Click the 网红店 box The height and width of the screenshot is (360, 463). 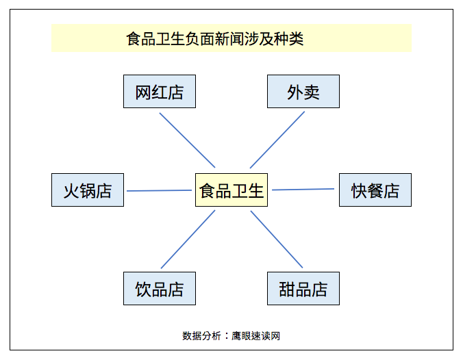[x=160, y=92]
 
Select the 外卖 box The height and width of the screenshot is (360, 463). [x=303, y=92]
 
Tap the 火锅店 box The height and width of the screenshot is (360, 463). [x=88, y=190]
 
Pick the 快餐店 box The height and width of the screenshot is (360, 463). [x=375, y=190]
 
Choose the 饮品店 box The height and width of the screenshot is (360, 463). [x=160, y=289]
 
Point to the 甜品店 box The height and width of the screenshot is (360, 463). [x=303, y=289]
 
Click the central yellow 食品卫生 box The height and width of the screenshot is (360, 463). [x=231, y=190]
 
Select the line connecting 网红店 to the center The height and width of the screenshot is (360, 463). [x=187, y=140]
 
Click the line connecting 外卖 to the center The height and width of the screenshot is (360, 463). [x=277, y=140]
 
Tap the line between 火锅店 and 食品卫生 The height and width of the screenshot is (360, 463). [x=159, y=191]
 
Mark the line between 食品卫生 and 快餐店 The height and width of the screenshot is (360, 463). [x=303, y=190]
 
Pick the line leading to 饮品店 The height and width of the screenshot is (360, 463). [x=188, y=240]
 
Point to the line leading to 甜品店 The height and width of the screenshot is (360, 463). [x=277, y=240]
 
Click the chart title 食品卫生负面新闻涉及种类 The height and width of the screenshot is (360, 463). [x=215, y=38]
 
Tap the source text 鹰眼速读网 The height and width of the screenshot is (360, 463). [x=255, y=336]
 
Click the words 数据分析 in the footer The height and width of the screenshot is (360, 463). [x=201, y=336]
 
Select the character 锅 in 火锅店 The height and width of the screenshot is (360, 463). [x=88, y=191]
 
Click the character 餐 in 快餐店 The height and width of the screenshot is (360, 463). [x=375, y=191]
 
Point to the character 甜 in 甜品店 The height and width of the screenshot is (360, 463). [x=287, y=290]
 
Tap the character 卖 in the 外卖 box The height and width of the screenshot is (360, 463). [x=312, y=92]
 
